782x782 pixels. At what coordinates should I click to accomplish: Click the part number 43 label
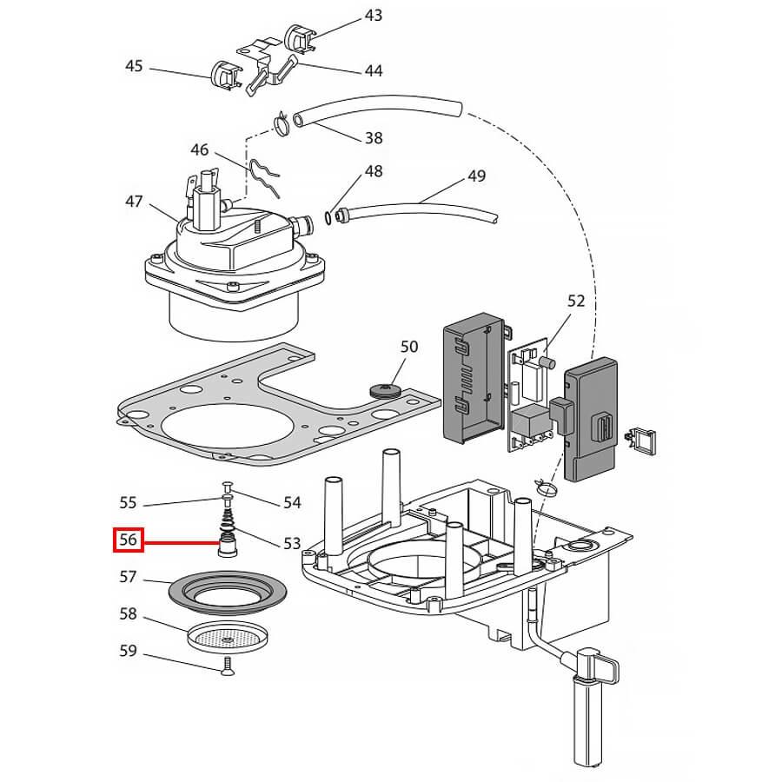373,16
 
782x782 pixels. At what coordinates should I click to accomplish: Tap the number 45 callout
134,66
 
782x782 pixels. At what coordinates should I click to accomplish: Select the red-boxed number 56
129,540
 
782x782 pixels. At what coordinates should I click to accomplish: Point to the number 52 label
576,302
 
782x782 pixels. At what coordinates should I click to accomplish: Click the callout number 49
476,176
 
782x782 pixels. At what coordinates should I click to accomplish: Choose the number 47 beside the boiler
134,202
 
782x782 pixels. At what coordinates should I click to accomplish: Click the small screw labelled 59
229,666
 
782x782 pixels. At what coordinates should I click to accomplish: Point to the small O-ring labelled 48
328,216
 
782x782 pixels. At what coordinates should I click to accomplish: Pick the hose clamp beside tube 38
281,127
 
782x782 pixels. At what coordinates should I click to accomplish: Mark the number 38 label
373,137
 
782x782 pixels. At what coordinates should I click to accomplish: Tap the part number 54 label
292,502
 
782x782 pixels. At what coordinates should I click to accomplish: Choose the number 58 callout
129,613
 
